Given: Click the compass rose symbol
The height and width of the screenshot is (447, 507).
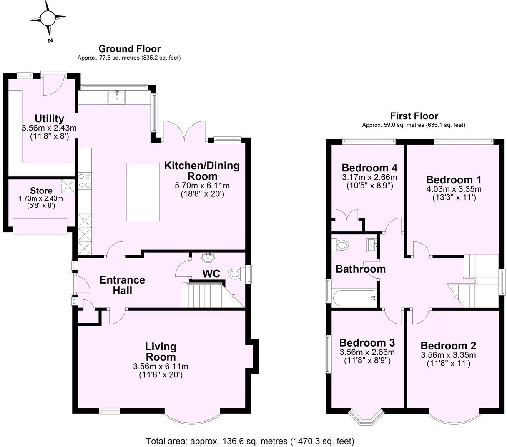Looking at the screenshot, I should pos(48,18).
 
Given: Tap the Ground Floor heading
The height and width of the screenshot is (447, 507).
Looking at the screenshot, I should pos(129,49).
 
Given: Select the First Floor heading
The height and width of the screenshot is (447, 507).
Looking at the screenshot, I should pos(414,116).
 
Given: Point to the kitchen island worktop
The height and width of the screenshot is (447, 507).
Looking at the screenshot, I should pos(143,192).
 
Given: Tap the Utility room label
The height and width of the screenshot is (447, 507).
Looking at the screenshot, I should pos(49,118).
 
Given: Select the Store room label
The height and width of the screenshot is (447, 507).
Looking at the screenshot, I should pos(41,191).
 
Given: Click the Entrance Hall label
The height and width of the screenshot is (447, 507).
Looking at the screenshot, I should pos(122,285).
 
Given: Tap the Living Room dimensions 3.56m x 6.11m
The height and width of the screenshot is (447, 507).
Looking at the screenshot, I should pos(161,367).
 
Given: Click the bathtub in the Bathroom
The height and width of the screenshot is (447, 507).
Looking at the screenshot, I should pos(355,298).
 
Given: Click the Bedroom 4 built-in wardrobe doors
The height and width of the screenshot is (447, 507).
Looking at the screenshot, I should pos(347,217).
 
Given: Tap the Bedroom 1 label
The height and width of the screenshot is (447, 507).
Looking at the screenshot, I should pos(454,180).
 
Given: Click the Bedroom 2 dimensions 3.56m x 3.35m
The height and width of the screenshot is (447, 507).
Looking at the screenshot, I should pos(448,355).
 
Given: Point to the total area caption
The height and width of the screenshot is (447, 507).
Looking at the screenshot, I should pos(250,441).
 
